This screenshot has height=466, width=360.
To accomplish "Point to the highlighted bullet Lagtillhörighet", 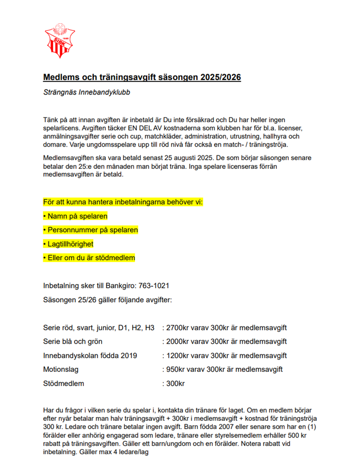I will pos(69,244).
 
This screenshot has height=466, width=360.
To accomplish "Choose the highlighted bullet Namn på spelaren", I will pos(75,216).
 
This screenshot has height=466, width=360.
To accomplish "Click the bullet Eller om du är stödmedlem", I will pos(89,258).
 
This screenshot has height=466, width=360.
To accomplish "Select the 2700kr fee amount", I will pos(178,328).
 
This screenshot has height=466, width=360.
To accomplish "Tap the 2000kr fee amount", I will pos(178,341).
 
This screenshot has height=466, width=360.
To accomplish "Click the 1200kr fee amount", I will pos(178,355).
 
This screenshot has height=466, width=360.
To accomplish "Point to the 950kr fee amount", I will pos(176,369).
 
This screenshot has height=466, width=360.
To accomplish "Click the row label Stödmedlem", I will pos(64,383).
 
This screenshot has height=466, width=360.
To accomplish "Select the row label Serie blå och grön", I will pos(73,341).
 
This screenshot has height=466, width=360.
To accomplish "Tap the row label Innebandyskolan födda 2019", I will pos(90,355).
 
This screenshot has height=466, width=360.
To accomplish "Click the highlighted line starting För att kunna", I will pos(123,202).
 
